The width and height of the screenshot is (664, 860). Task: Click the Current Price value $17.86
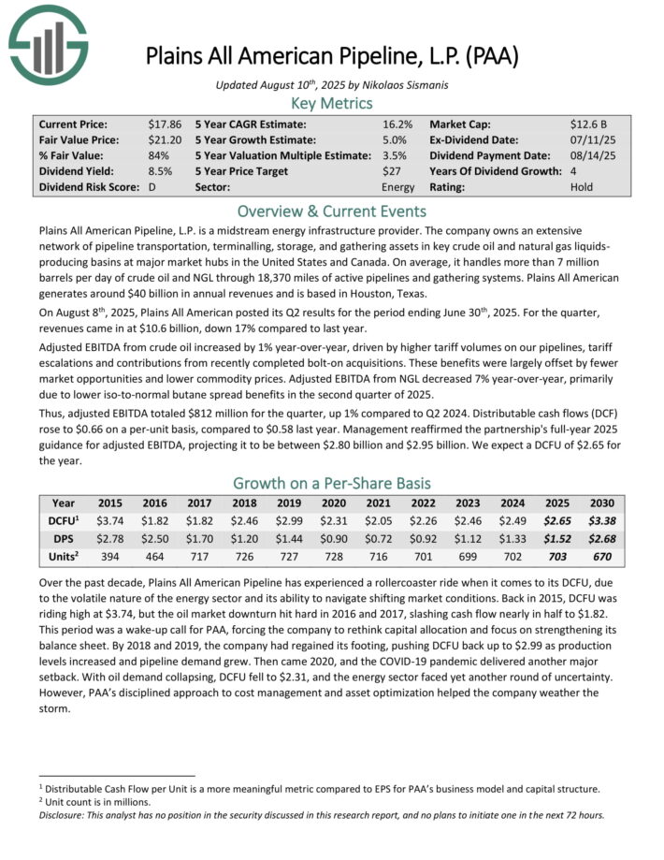(165, 124)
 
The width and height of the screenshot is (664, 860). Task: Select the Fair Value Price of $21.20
(165, 139)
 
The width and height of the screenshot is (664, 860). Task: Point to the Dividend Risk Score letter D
(152, 187)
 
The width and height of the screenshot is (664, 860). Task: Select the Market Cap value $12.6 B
(588, 124)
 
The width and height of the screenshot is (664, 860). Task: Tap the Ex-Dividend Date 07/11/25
(588, 139)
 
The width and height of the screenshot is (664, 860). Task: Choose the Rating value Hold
(581, 187)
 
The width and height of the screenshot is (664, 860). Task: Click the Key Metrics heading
(332, 103)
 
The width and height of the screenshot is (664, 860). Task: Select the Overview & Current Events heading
(332, 211)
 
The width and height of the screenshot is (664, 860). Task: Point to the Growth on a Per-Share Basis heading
(332, 484)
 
